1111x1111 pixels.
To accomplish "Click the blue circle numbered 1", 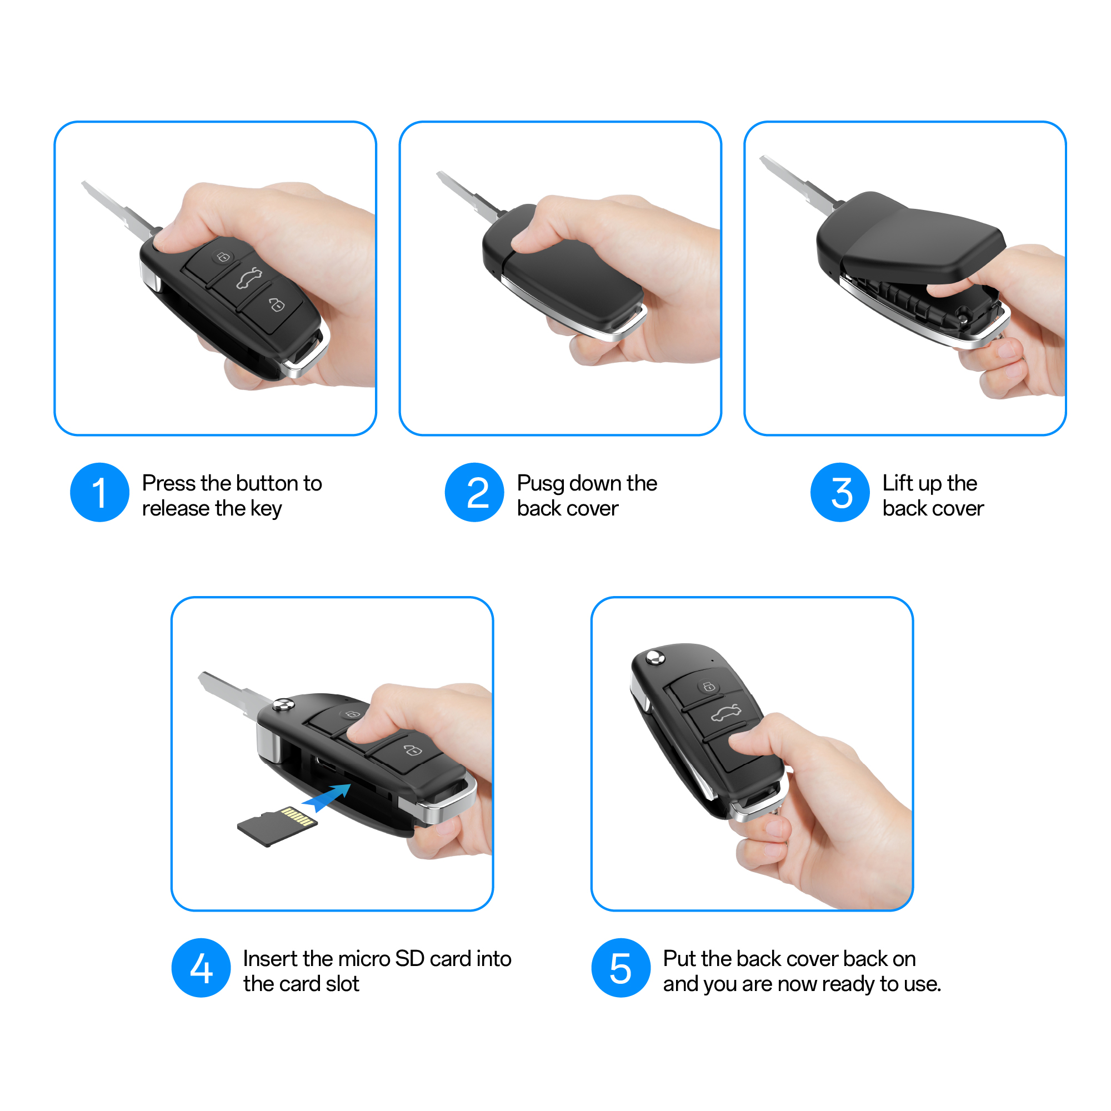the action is point(99,492).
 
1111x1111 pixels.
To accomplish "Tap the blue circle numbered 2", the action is point(474,492).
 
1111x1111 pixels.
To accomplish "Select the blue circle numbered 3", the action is point(839,492).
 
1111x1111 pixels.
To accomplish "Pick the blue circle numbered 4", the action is point(201,968).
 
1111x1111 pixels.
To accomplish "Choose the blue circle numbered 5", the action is point(621,968).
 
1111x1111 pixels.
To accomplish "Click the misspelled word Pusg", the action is point(541,484).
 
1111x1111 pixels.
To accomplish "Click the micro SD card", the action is point(277,827).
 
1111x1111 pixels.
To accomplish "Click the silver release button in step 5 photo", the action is point(654,657).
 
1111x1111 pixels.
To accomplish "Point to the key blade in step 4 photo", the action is point(234,692).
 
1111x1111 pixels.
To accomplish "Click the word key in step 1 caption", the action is point(266,509).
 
